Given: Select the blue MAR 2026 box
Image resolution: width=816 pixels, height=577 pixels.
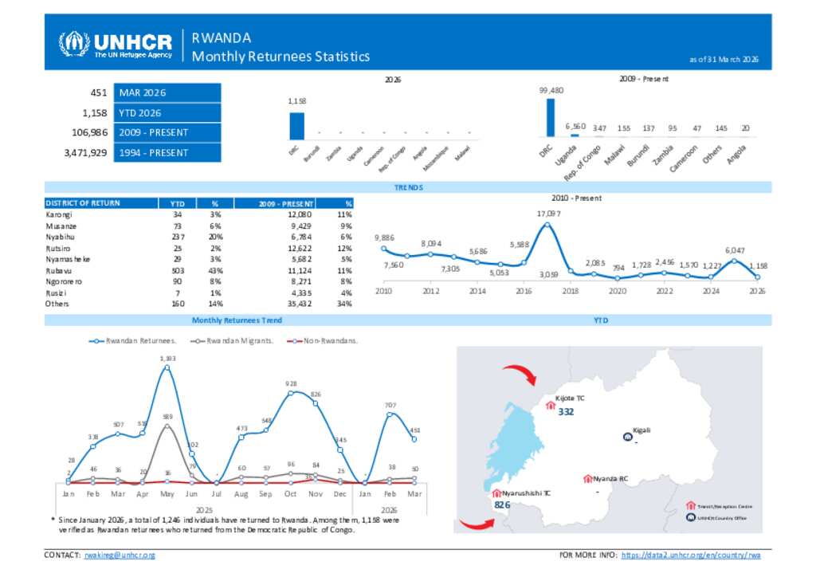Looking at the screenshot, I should [167, 92].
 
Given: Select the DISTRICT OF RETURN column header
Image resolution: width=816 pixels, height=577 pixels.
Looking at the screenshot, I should [83, 203].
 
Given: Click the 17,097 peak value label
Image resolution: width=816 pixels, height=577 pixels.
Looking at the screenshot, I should [547, 214].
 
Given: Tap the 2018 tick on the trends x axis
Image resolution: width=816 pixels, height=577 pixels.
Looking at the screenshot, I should [571, 292].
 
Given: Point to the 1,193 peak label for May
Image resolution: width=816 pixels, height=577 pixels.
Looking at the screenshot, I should [167, 359].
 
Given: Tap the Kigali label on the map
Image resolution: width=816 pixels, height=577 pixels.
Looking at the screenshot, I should [641, 430].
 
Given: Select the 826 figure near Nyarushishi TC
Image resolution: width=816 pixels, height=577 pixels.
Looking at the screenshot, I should [502, 505].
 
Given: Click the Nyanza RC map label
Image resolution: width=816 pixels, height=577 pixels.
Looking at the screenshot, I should [610, 479].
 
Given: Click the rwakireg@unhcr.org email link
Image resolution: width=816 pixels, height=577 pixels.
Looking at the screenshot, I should [120, 555].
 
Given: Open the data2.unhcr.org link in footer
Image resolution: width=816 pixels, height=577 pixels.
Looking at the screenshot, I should [691, 555].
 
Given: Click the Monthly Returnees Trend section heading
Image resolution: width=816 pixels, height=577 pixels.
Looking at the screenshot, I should [237, 320].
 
